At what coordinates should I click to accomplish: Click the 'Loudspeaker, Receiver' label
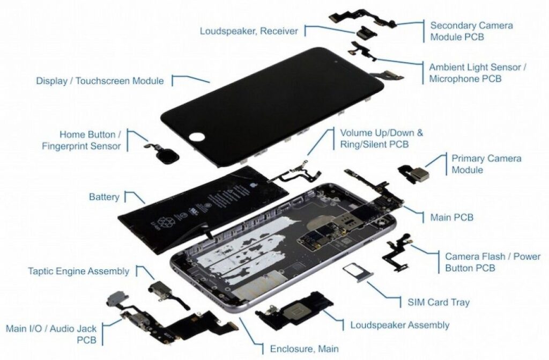coord(249,31)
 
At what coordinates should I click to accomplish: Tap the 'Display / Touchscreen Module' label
coord(100,81)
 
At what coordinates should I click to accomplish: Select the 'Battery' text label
coord(104,197)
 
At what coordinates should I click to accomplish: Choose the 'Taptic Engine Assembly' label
coord(78,271)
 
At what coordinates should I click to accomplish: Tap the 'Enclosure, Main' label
coord(304,349)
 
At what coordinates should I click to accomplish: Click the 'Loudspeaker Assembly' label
coord(399,325)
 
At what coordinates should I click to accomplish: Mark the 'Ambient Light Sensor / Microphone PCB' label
coord(478,74)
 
